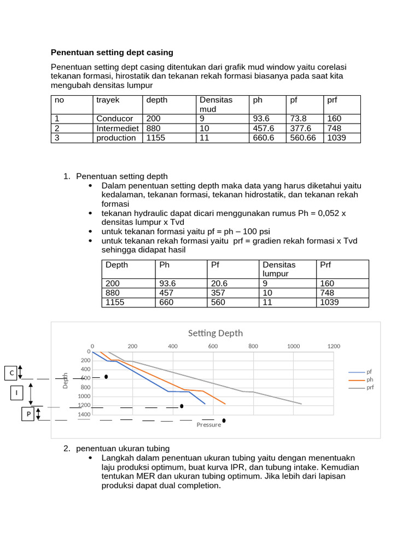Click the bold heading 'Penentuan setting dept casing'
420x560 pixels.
point(112,52)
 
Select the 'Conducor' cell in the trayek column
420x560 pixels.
point(114,119)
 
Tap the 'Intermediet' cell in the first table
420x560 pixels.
point(117,129)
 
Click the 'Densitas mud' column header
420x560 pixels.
point(216,104)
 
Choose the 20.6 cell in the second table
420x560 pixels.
point(218,284)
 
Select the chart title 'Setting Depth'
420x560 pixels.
point(215,333)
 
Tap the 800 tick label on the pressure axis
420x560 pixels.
point(253,346)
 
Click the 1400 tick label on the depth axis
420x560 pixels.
point(84,415)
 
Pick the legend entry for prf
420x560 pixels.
point(370,387)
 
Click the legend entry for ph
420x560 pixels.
point(370,380)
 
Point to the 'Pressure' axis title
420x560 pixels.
point(209,425)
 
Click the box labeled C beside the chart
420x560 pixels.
point(10,373)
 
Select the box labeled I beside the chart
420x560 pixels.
point(16,393)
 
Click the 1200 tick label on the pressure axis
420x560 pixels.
point(334,346)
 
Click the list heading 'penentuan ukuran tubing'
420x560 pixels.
point(122,448)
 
